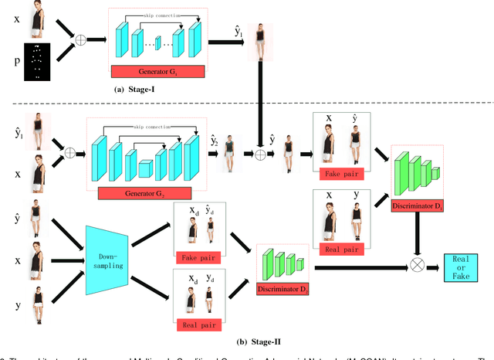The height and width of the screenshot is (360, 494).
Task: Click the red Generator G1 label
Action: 157,72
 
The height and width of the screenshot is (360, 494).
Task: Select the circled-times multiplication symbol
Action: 418,264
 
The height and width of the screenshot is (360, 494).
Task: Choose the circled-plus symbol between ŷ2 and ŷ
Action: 260,154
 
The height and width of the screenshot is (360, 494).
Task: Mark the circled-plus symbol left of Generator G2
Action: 69,152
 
